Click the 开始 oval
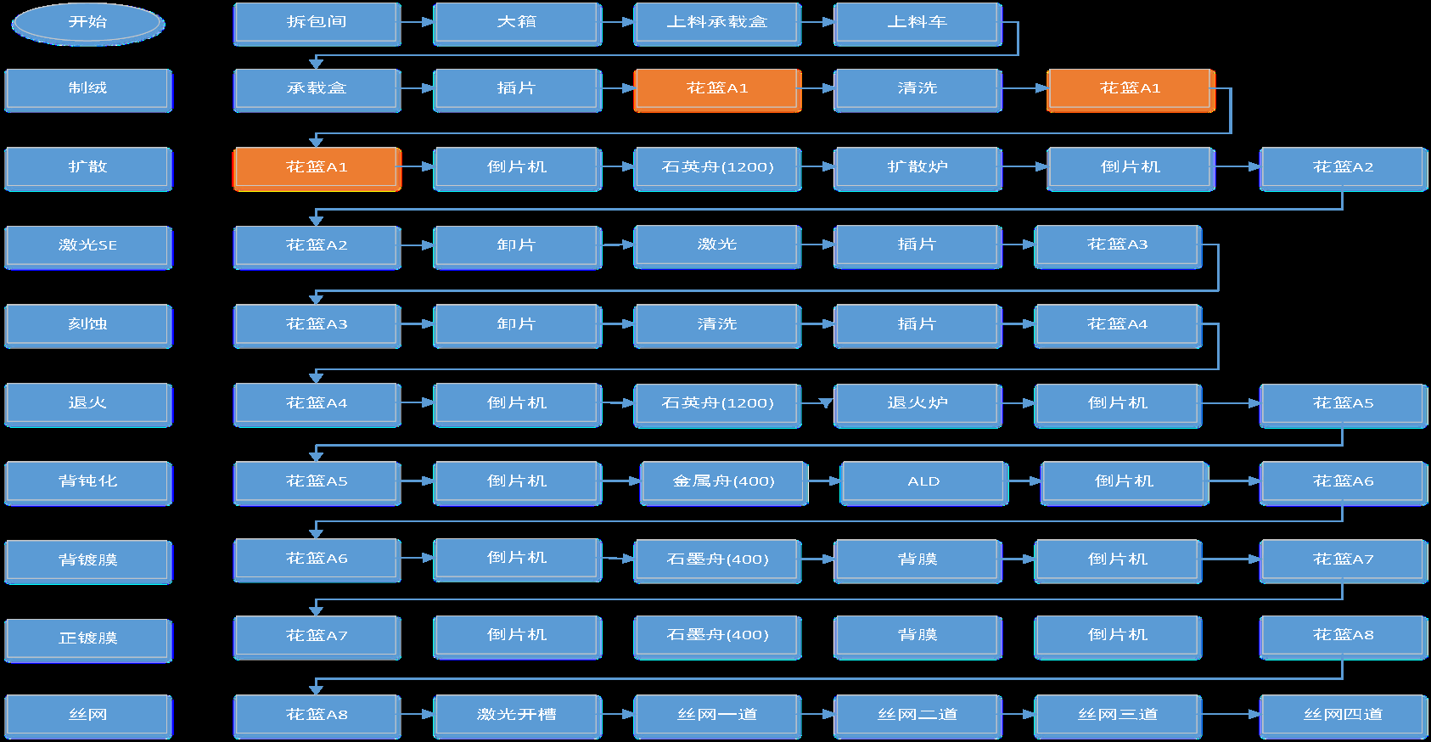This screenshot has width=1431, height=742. (87, 23)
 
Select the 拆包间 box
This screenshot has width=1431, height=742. (317, 23)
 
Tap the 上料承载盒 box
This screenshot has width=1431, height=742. (717, 23)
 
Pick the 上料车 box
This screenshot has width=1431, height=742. (918, 23)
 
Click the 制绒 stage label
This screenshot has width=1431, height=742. (87, 89)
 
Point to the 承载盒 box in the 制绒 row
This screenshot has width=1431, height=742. (317, 89)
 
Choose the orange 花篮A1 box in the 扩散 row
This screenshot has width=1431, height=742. (317, 168)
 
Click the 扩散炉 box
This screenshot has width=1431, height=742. (918, 168)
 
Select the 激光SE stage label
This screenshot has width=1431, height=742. (87, 246)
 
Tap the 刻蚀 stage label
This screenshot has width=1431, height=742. (87, 325)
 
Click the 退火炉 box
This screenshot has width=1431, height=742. (918, 404)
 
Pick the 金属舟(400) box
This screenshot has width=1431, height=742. (724, 482)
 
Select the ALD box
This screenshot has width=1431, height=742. (923, 482)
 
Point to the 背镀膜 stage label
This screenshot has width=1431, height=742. (87, 560)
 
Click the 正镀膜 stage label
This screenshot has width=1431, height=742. (87, 638)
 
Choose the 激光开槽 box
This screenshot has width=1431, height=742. (517, 716)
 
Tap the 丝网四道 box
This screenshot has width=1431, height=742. (1343, 716)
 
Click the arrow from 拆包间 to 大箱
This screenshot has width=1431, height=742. (417, 22)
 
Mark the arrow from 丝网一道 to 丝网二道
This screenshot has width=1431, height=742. (817, 715)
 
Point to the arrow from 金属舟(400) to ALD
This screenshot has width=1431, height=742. (824, 481)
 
